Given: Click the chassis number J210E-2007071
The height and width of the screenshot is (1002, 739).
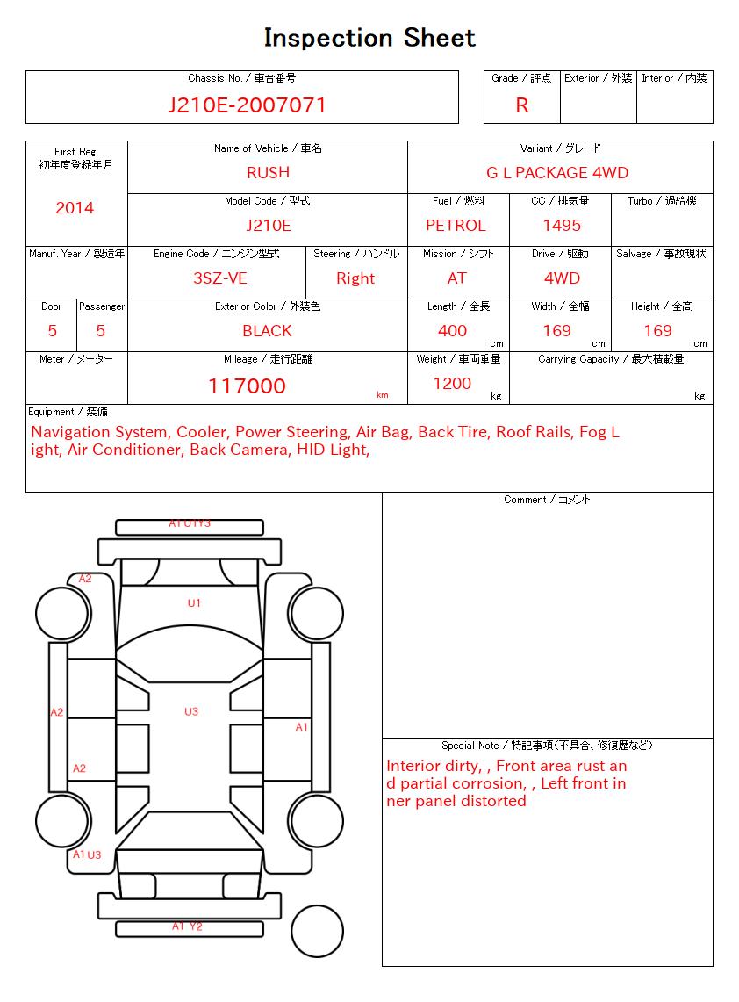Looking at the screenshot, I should [x=247, y=105].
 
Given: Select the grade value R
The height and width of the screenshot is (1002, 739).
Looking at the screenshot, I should [x=522, y=105].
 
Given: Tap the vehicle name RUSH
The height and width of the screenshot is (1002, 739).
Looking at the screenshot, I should [x=268, y=173].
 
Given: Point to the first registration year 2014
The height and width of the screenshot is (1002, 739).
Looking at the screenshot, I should [x=75, y=208].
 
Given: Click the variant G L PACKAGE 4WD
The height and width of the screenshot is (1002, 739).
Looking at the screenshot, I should [x=557, y=173].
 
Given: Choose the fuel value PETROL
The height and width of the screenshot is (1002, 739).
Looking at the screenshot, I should [x=456, y=226].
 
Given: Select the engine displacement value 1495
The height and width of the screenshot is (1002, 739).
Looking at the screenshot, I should [x=562, y=226].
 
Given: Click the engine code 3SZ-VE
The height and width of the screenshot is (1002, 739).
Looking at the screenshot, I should [x=219, y=278].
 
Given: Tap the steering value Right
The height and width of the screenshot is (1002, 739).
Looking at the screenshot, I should [x=355, y=278].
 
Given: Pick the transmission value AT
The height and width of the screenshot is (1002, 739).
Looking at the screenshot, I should [x=457, y=278].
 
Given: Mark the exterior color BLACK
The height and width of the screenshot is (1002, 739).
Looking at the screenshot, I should [x=267, y=331].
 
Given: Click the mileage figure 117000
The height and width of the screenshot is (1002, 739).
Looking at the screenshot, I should [x=247, y=386].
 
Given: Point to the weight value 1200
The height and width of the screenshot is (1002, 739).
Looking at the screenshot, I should [x=452, y=384].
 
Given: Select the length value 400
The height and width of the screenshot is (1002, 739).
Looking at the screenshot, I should [x=453, y=331].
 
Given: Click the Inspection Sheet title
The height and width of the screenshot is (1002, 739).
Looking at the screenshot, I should [x=369, y=38].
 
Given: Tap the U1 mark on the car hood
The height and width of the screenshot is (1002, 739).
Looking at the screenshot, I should [x=194, y=603].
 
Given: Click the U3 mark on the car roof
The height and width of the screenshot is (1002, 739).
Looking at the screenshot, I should [x=191, y=712].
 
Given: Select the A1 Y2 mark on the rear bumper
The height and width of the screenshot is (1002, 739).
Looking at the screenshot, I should [x=187, y=926].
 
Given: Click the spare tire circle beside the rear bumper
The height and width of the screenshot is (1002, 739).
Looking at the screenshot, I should [x=317, y=930].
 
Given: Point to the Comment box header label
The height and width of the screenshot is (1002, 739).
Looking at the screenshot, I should [x=547, y=500].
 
